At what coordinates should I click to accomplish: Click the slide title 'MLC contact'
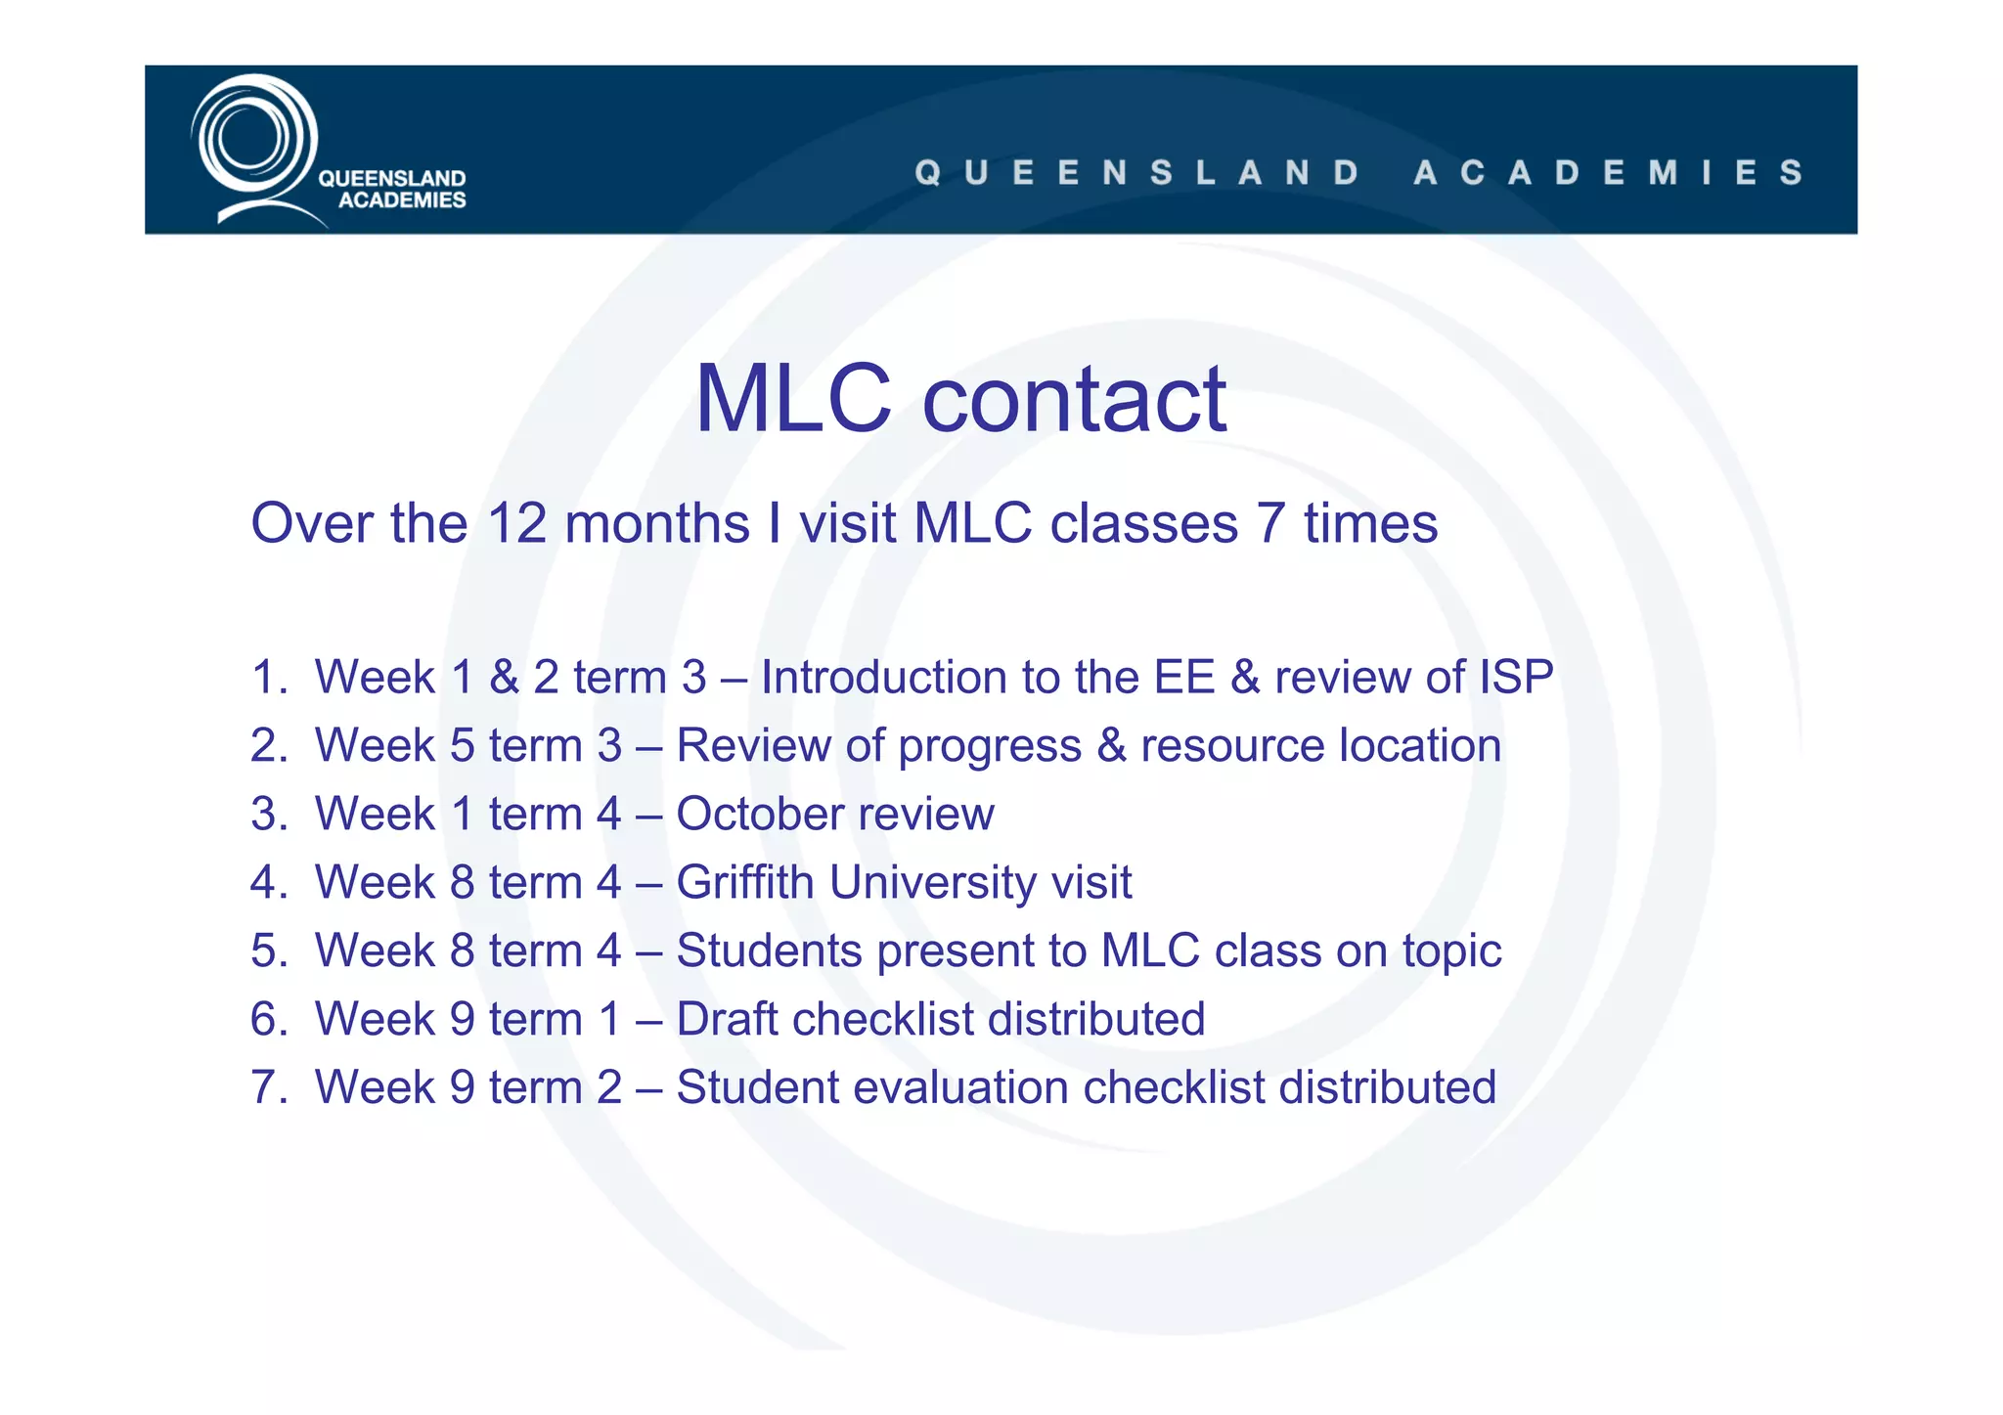click(959, 398)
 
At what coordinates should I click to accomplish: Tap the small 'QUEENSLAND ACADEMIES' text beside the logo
click(393, 189)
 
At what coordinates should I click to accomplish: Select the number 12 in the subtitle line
click(515, 523)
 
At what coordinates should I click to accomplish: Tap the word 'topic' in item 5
click(1451, 951)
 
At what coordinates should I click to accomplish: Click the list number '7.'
click(269, 1087)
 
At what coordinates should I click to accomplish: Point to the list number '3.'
click(269, 814)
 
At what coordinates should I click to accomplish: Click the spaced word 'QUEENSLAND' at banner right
click(1137, 173)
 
